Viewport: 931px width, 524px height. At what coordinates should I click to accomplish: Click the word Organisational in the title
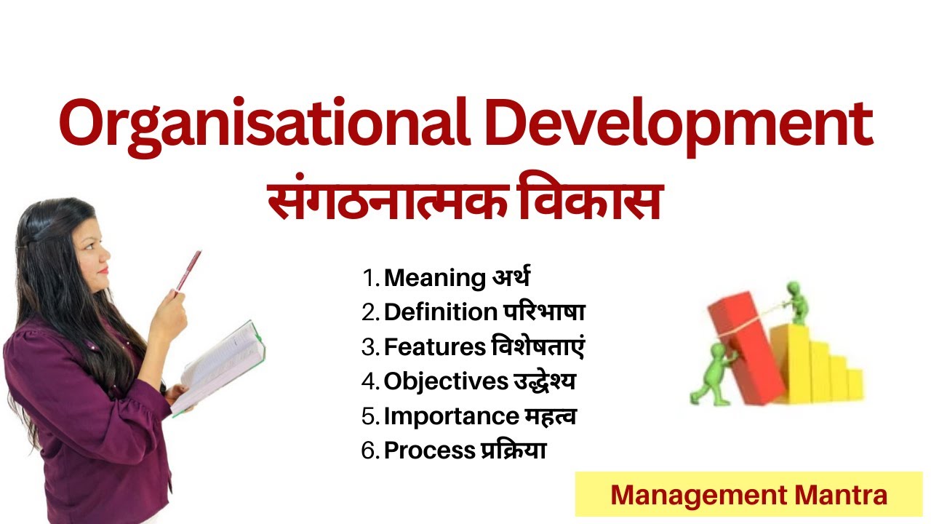click(x=265, y=125)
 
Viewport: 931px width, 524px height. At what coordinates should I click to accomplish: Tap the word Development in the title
click(x=679, y=125)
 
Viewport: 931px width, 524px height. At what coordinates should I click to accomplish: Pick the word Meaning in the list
click(x=435, y=279)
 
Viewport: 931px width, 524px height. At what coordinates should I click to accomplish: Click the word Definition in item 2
click(x=441, y=312)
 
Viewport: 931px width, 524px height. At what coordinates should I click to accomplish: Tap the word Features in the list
click(x=435, y=347)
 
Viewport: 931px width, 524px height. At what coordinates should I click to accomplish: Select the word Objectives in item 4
click(x=446, y=382)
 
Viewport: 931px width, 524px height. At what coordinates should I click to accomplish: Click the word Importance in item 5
click(x=452, y=416)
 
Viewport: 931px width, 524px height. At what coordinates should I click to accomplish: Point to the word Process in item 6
click(x=430, y=450)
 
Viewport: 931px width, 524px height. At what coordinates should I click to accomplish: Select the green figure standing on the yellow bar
click(x=796, y=303)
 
